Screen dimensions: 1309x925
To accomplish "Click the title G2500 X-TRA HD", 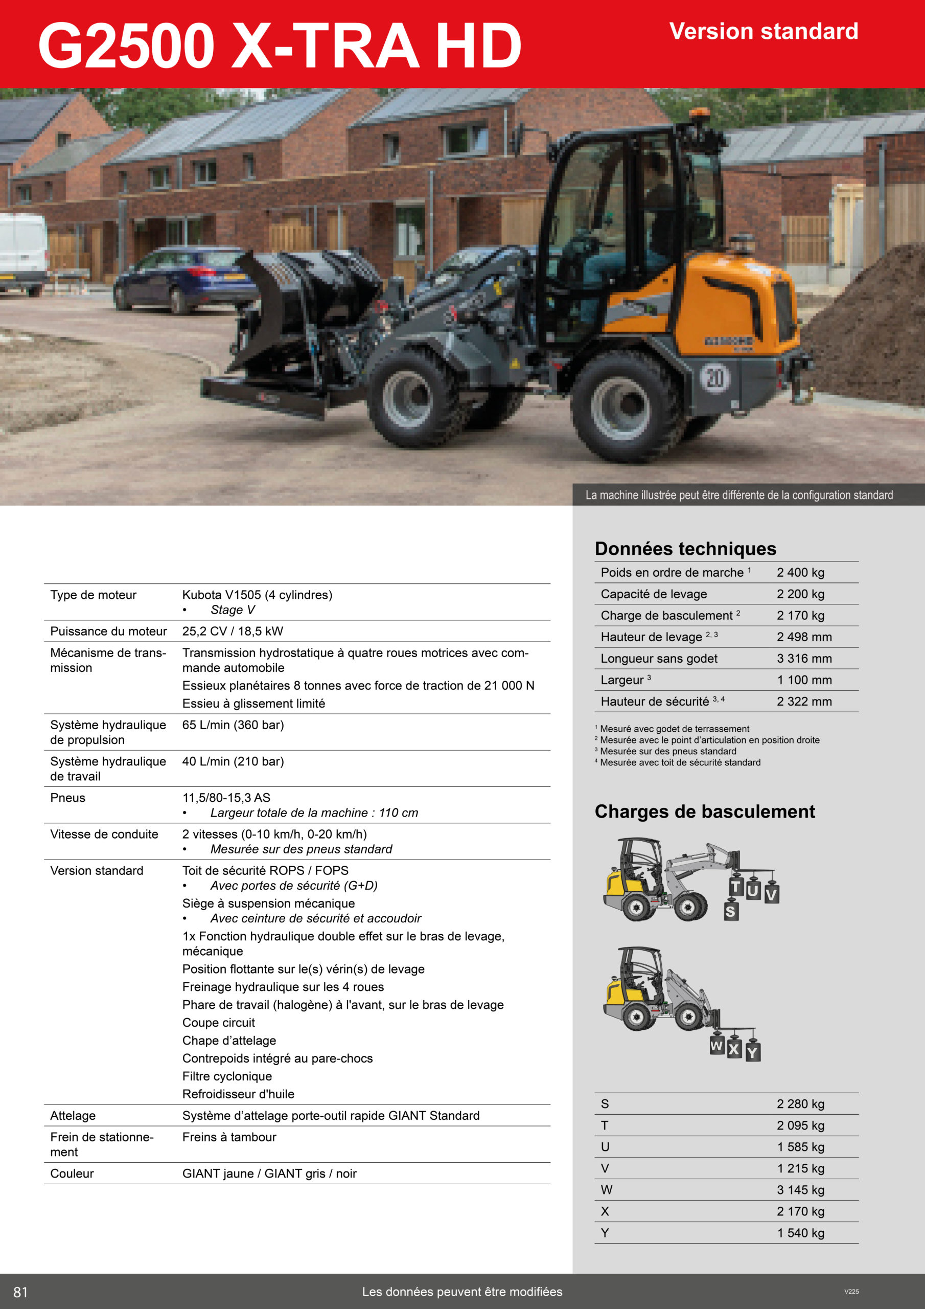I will click(x=279, y=46).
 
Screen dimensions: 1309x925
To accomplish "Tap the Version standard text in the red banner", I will click(x=763, y=31).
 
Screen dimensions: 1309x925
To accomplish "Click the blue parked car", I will click(x=185, y=279).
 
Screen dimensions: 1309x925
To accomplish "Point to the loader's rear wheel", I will click(x=628, y=407).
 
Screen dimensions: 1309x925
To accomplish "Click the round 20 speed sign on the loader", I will click(x=714, y=377).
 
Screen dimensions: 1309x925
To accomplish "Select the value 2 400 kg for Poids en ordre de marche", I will click(x=800, y=572).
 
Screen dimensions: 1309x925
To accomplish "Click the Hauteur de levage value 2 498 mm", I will click(x=803, y=637).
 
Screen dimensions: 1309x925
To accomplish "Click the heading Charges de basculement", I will click(x=704, y=811).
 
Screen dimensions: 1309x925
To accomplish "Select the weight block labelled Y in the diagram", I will click(x=752, y=1052).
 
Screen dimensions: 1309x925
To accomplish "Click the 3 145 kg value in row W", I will click(x=800, y=1190).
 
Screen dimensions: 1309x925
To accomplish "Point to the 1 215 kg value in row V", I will click(x=800, y=1168).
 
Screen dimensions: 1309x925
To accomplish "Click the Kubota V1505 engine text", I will click(x=257, y=595).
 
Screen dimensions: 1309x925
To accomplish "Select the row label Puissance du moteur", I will click(x=108, y=631).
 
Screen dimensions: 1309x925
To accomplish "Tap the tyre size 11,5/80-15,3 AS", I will click(x=226, y=798).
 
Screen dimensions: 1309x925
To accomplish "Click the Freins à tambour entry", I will click(x=229, y=1137).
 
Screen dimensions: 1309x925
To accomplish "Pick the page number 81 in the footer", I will click(x=20, y=1292).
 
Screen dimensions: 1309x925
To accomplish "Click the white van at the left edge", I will click(x=23, y=254).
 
